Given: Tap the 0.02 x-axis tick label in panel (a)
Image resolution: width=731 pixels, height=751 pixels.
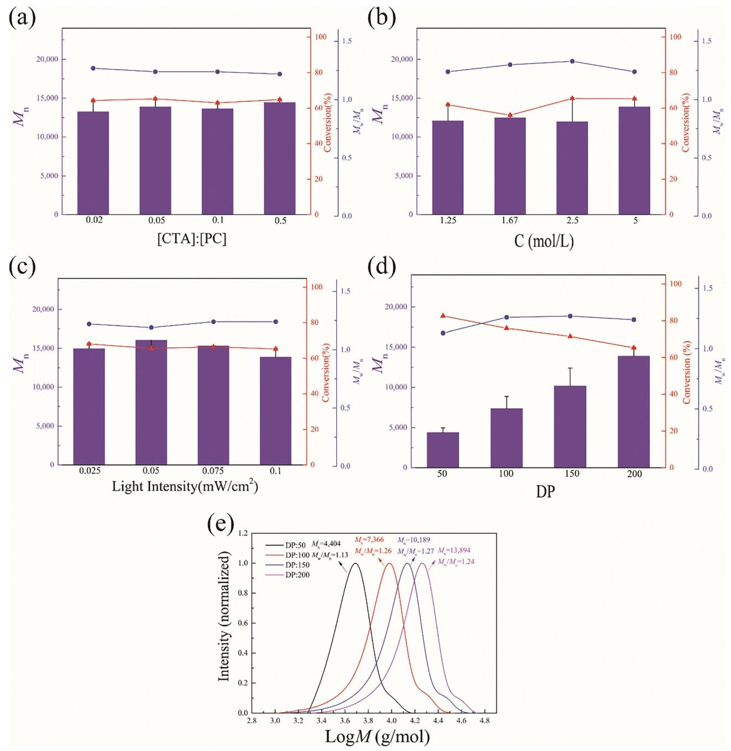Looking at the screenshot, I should coord(94,220).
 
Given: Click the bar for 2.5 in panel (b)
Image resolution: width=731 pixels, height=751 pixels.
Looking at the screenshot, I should coord(572,168).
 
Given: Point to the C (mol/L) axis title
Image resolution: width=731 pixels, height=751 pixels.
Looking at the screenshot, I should coord(544,241).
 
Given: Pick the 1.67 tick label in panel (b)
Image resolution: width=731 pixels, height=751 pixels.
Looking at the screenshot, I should coord(510,220).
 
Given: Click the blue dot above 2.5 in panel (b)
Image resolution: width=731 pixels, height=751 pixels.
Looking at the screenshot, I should coord(572,61).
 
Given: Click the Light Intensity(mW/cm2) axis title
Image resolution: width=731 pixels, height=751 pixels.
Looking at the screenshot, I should coord(185,487).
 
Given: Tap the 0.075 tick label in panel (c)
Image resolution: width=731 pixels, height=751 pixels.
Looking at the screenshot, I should coord(213,471).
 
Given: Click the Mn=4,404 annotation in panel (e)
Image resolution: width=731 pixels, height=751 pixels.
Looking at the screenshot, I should coord(330,544).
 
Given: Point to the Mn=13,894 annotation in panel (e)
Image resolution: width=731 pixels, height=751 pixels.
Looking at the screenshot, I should coord(454,550).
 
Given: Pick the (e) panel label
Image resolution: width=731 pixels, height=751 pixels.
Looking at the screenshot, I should coord(221,524).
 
